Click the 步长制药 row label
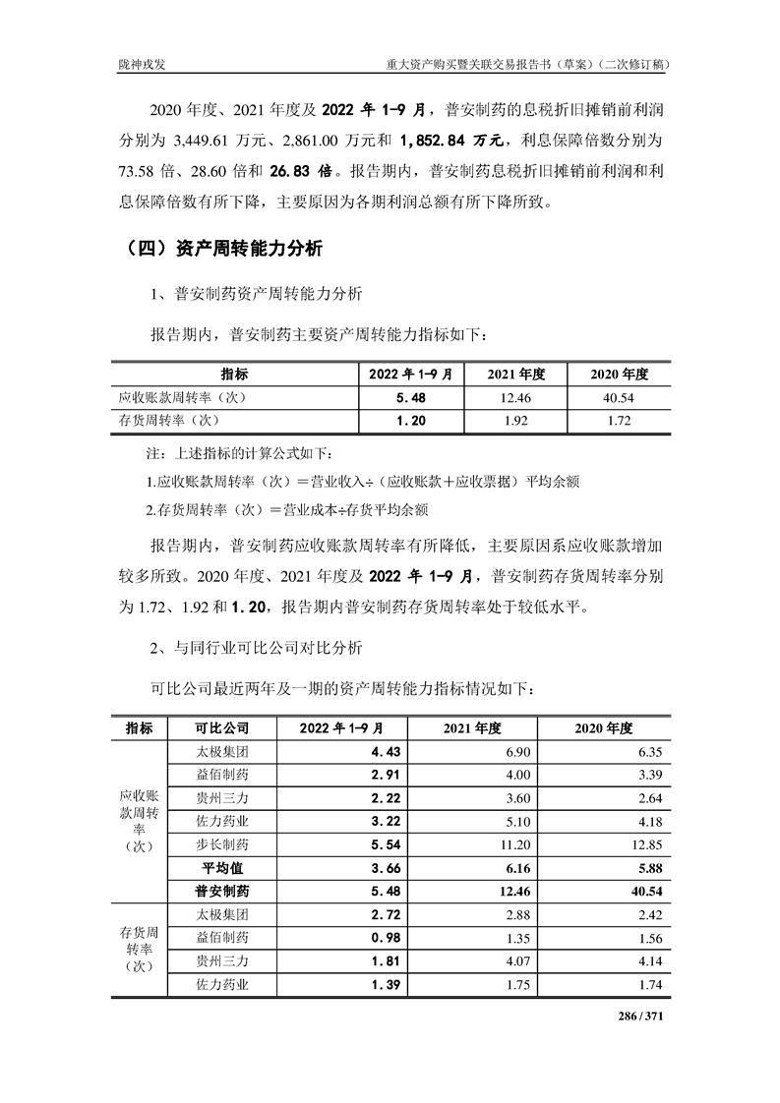tap(223, 844)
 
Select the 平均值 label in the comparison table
tap(223, 868)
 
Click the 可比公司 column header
tap(223, 728)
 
